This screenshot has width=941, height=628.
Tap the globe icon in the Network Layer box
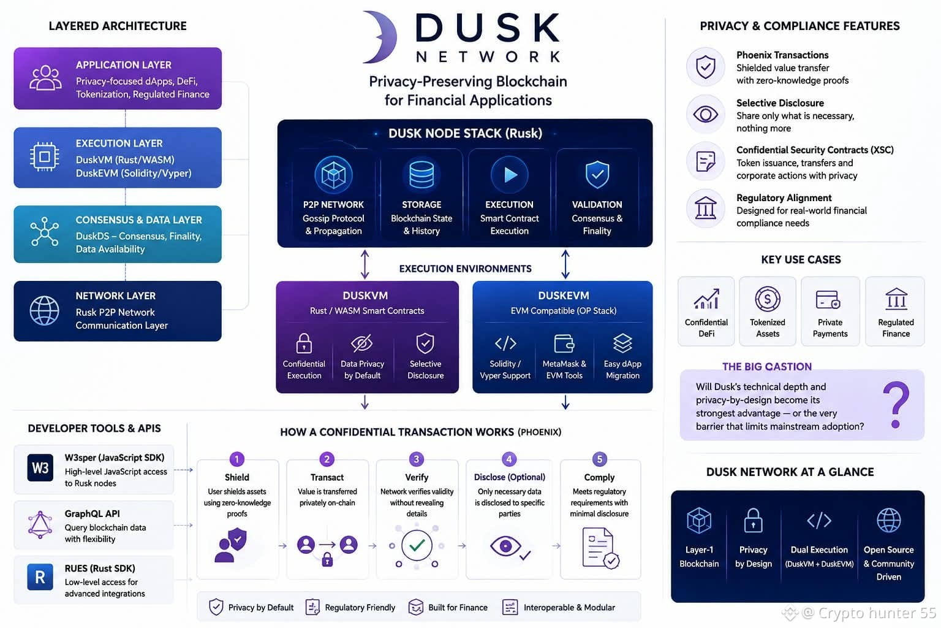click(45, 311)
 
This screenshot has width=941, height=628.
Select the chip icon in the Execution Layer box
click(45, 157)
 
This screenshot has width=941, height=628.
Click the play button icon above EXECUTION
click(510, 175)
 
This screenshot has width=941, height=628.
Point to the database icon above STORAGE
click(421, 175)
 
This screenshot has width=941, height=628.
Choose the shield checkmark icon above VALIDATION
click(597, 175)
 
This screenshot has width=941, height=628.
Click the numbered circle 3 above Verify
click(417, 459)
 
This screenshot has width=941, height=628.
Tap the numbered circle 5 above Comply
click(600, 459)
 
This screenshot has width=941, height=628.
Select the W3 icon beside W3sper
click(40, 468)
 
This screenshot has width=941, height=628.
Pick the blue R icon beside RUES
click(40, 577)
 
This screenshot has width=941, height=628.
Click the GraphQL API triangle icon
click(40, 525)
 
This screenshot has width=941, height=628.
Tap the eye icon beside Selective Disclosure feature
click(705, 115)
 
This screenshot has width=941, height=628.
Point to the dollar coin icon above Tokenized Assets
click(768, 299)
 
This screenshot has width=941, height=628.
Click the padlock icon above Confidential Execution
click(304, 343)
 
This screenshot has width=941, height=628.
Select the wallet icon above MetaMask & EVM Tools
click(564, 343)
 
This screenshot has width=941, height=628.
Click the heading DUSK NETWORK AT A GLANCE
click(790, 472)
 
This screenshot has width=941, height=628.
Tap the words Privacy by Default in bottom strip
click(261, 607)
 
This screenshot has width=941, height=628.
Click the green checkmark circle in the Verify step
click(417, 546)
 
